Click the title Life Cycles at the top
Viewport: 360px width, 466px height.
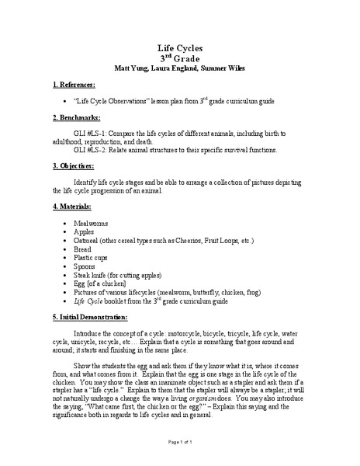click(179, 47)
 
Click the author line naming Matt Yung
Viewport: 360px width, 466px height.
click(179, 68)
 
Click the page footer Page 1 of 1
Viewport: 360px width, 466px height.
click(179, 441)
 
